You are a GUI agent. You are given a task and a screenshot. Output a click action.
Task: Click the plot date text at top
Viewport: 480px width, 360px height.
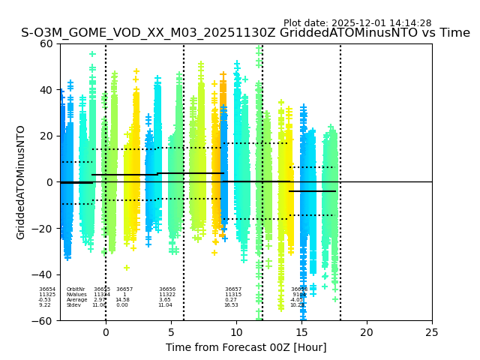click(357, 23)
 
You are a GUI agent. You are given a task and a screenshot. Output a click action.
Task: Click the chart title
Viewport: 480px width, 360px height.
click(245, 33)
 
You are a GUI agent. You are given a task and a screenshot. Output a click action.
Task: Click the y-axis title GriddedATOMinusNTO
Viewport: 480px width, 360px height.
click(21, 182)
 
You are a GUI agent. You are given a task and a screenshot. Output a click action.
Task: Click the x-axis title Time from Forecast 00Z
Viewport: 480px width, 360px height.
click(246, 347)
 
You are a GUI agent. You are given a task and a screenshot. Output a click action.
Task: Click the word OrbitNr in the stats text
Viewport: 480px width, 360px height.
click(76, 289)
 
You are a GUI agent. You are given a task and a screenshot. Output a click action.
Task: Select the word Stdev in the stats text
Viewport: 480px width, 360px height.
click(73, 305)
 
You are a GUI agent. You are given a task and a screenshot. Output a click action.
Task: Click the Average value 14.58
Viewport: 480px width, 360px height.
click(122, 300)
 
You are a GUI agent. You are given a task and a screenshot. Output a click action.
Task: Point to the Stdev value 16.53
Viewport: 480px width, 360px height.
click(231, 305)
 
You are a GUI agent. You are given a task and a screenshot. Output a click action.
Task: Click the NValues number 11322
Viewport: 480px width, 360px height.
click(167, 295)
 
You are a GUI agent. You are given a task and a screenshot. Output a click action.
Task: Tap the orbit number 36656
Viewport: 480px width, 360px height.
click(167, 289)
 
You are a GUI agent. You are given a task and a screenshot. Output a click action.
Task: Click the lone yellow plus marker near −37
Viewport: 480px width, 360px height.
click(127, 268)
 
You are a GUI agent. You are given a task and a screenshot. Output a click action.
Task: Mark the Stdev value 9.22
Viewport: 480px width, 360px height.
click(45, 305)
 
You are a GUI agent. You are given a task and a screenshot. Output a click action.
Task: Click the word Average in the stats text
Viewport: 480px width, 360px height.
click(76, 300)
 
